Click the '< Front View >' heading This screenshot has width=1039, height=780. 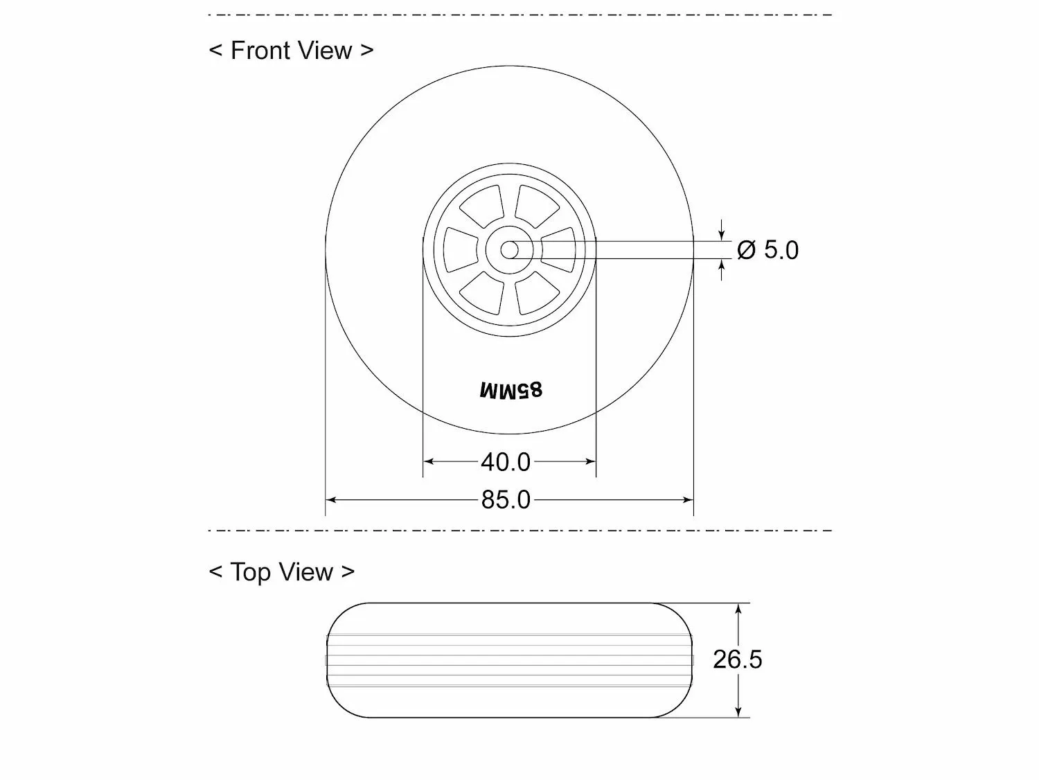coord(291,51)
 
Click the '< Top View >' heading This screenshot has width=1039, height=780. coord(282,571)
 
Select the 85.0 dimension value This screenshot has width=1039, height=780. coord(506,500)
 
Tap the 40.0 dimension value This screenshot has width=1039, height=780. coord(506,462)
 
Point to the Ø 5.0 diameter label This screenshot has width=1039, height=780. coord(767,250)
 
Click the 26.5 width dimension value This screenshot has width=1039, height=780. coord(738,659)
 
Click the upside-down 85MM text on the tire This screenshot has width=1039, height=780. coord(510,391)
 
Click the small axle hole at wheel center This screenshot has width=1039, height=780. coord(509,250)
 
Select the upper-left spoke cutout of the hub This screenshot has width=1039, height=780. coord(481,206)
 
